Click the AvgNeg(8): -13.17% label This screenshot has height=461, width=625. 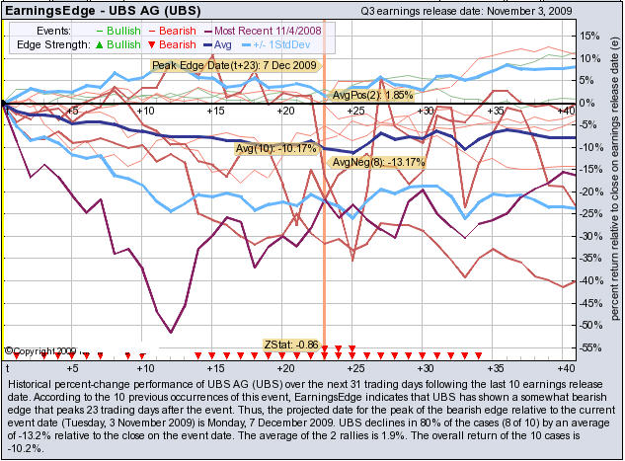pos(364,162)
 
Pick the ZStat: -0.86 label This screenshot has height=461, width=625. pos(290,344)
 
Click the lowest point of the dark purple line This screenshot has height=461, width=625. pos(172,332)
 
